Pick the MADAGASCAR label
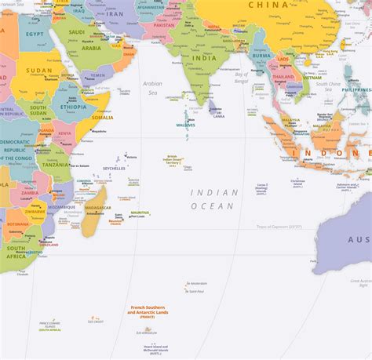point(98,208)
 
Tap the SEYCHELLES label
point(114,169)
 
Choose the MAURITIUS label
point(140,213)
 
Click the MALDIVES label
point(185,125)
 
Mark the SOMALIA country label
point(103,118)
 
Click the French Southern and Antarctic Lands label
point(148,311)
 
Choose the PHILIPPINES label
point(357,90)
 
